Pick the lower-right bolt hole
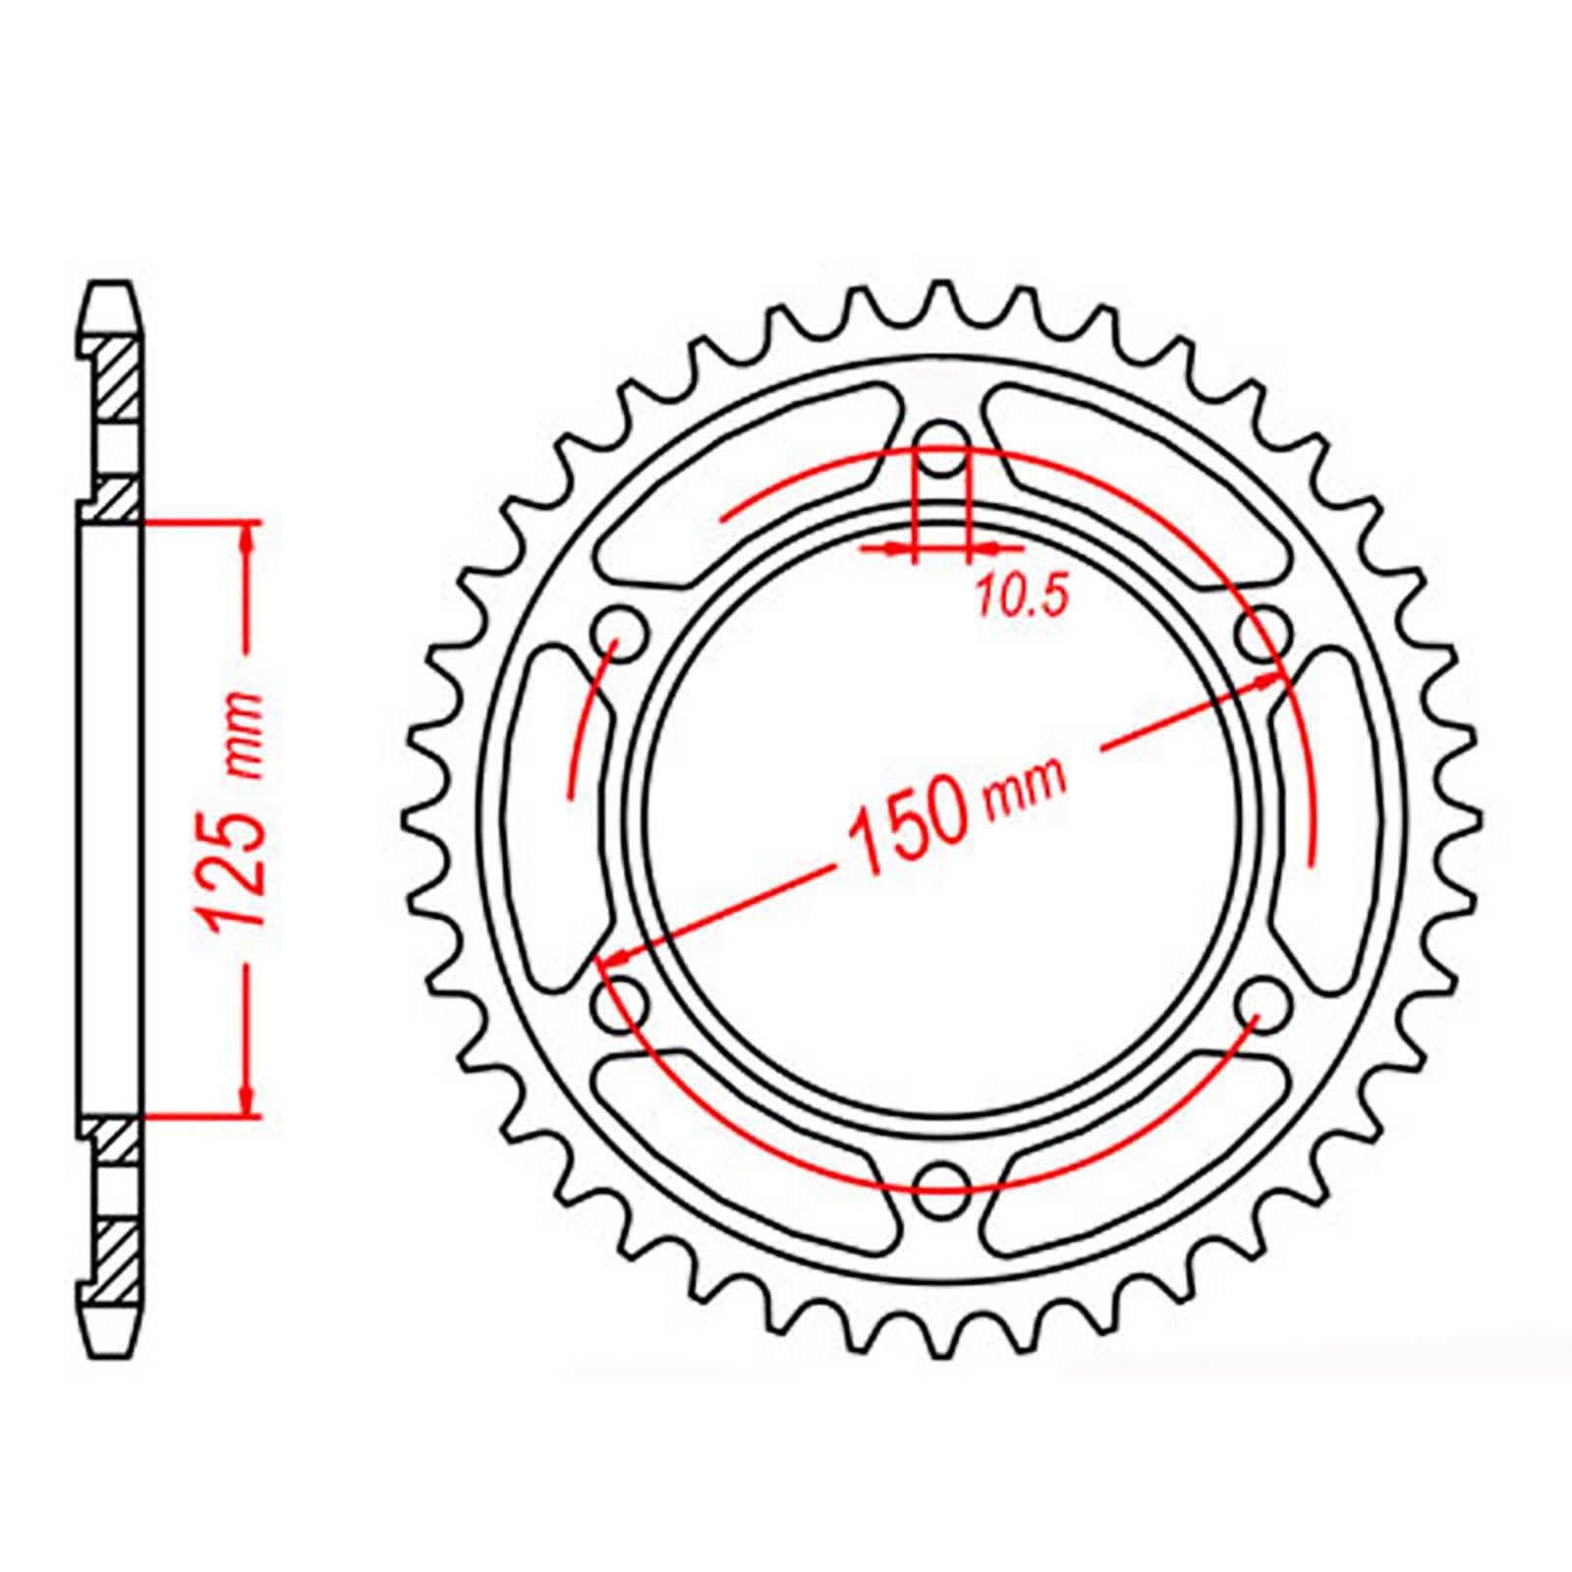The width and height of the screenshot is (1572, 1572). point(1264,1003)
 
